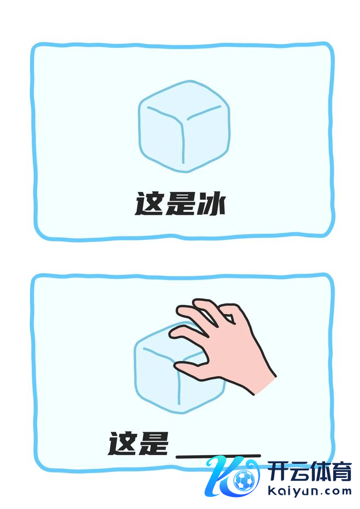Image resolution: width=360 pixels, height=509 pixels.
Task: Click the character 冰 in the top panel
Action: (211, 203)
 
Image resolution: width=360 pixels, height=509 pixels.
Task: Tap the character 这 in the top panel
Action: (149, 203)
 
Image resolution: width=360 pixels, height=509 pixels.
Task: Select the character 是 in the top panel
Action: (180, 203)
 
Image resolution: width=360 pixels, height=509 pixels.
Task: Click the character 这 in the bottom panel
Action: (122, 443)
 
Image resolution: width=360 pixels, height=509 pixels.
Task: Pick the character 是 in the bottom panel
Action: (153, 443)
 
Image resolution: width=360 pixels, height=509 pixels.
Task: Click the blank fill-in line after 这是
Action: (218, 456)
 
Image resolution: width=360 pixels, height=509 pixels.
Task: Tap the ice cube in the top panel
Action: (184, 126)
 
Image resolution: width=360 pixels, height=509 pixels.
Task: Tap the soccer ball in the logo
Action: (244, 480)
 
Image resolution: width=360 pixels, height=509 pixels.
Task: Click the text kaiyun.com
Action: (309, 491)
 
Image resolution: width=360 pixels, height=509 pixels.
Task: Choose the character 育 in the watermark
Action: (341, 472)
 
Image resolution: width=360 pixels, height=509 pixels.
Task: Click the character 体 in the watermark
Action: (320, 472)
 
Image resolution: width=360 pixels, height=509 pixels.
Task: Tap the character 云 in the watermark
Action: (298, 472)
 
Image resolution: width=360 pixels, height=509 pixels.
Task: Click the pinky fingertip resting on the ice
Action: (173, 334)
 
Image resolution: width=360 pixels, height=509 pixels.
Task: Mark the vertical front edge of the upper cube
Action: (183, 142)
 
